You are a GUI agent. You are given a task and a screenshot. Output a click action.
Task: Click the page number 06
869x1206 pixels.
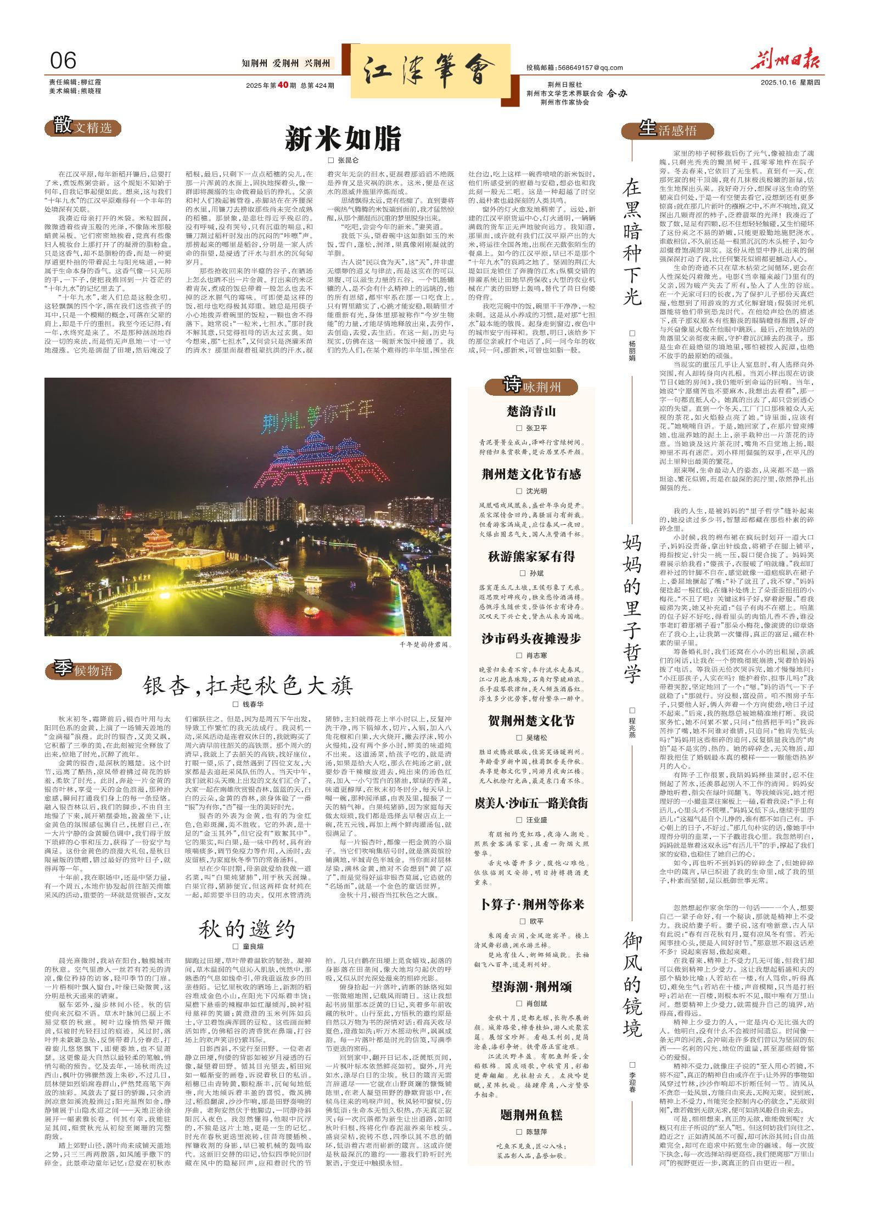tap(63, 61)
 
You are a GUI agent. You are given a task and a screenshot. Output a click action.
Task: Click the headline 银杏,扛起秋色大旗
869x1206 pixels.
tap(248, 685)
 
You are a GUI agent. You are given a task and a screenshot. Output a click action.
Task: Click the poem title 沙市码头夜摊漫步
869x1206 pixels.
tap(531, 638)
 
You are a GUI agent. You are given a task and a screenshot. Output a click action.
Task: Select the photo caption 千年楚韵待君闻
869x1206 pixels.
tap(424, 644)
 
